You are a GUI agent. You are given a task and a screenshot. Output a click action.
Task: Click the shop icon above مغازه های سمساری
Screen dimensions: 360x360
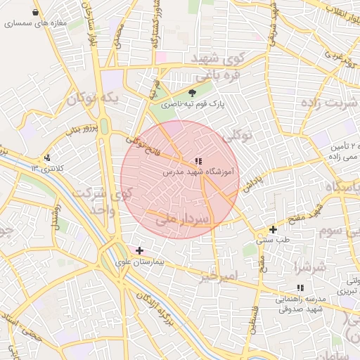(x=36, y=13)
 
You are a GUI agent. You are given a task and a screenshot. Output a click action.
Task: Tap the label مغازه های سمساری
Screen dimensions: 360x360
(x=34, y=23)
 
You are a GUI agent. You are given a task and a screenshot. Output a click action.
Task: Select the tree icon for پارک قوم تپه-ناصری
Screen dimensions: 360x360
(x=193, y=92)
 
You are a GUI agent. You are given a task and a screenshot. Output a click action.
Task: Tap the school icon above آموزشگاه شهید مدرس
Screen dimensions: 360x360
(x=198, y=161)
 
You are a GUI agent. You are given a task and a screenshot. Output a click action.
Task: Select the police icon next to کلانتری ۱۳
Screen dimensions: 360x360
(x=47, y=157)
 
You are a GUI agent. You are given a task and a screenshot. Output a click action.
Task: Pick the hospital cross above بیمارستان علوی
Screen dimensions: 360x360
(x=139, y=250)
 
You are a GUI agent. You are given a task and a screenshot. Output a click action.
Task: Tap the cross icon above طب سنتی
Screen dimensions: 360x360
(x=273, y=229)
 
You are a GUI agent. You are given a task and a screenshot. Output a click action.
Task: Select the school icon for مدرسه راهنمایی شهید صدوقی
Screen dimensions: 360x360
(x=300, y=288)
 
